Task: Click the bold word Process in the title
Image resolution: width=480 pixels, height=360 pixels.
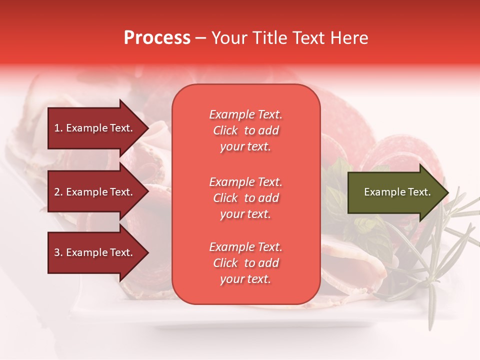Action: (157, 38)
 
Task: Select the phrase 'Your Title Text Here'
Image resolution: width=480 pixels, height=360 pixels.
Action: (289, 38)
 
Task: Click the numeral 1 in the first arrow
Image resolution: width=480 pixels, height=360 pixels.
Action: (56, 128)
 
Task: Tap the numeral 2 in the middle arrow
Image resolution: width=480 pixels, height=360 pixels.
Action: (56, 192)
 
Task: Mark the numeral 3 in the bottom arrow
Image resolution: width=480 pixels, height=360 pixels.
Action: (56, 252)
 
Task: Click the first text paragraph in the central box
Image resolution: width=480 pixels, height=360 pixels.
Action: (245, 130)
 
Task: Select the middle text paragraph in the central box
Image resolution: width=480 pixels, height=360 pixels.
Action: (245, 198)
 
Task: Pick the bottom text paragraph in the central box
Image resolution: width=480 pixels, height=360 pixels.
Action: (245, 263)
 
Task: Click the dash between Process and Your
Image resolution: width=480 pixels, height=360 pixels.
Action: (200, 38)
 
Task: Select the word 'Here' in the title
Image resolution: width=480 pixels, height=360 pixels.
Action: (352, 38)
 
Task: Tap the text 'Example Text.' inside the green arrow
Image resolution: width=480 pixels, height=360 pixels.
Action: (397, 192)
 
